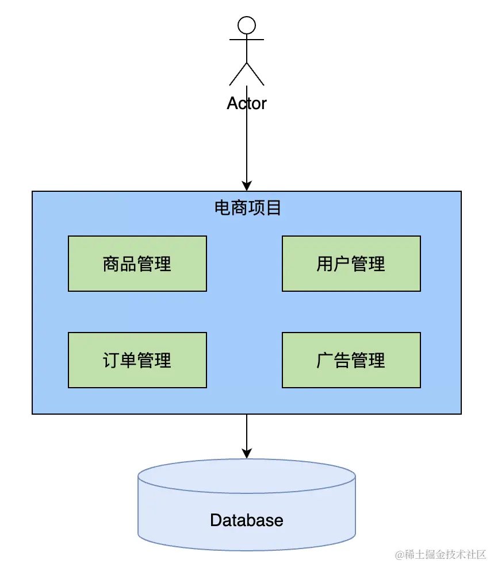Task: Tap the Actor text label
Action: [247, 103]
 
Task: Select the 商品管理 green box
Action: [137, 264]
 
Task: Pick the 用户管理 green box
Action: [351, 264]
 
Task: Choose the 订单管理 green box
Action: [137, 360]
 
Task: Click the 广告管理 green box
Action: [351, 360]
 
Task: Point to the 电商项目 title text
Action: [247, 208]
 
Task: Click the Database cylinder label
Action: [247, 520]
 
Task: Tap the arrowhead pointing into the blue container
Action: [247, 186]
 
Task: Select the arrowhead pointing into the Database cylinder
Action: [247, 453]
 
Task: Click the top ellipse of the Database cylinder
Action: [247, 459]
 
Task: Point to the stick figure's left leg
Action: [238, 75]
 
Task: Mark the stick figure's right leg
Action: [255, 75]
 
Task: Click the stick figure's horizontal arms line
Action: [247, 40]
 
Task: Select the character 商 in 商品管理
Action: [111, 264]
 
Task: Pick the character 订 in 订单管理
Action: [111, 361]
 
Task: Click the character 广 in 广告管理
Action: [325, 361]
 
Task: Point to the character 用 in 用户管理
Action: [325, 264]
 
